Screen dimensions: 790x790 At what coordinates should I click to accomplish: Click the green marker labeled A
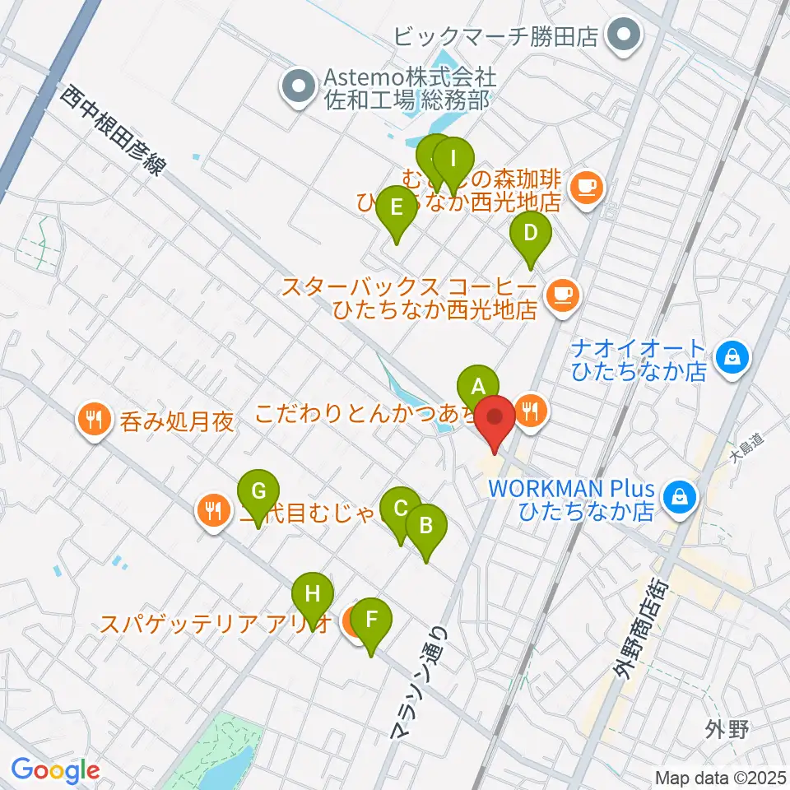coord(478,386)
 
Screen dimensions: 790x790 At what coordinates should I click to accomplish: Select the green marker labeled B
coord(425,525)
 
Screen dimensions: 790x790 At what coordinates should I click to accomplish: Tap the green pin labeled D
coord(531,233)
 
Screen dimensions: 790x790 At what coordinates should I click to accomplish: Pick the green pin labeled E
coord(396,207)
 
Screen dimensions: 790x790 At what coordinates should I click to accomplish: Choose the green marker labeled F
coord(371,619)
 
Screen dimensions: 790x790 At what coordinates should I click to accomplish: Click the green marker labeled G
coord(258,491)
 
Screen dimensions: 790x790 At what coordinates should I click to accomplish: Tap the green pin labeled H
coord(312,593)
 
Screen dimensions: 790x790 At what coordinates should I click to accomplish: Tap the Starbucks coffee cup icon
coord(563,292)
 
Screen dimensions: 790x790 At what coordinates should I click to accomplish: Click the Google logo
coord(55,771)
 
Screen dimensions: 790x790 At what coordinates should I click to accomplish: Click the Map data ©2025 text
coord(720,777)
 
